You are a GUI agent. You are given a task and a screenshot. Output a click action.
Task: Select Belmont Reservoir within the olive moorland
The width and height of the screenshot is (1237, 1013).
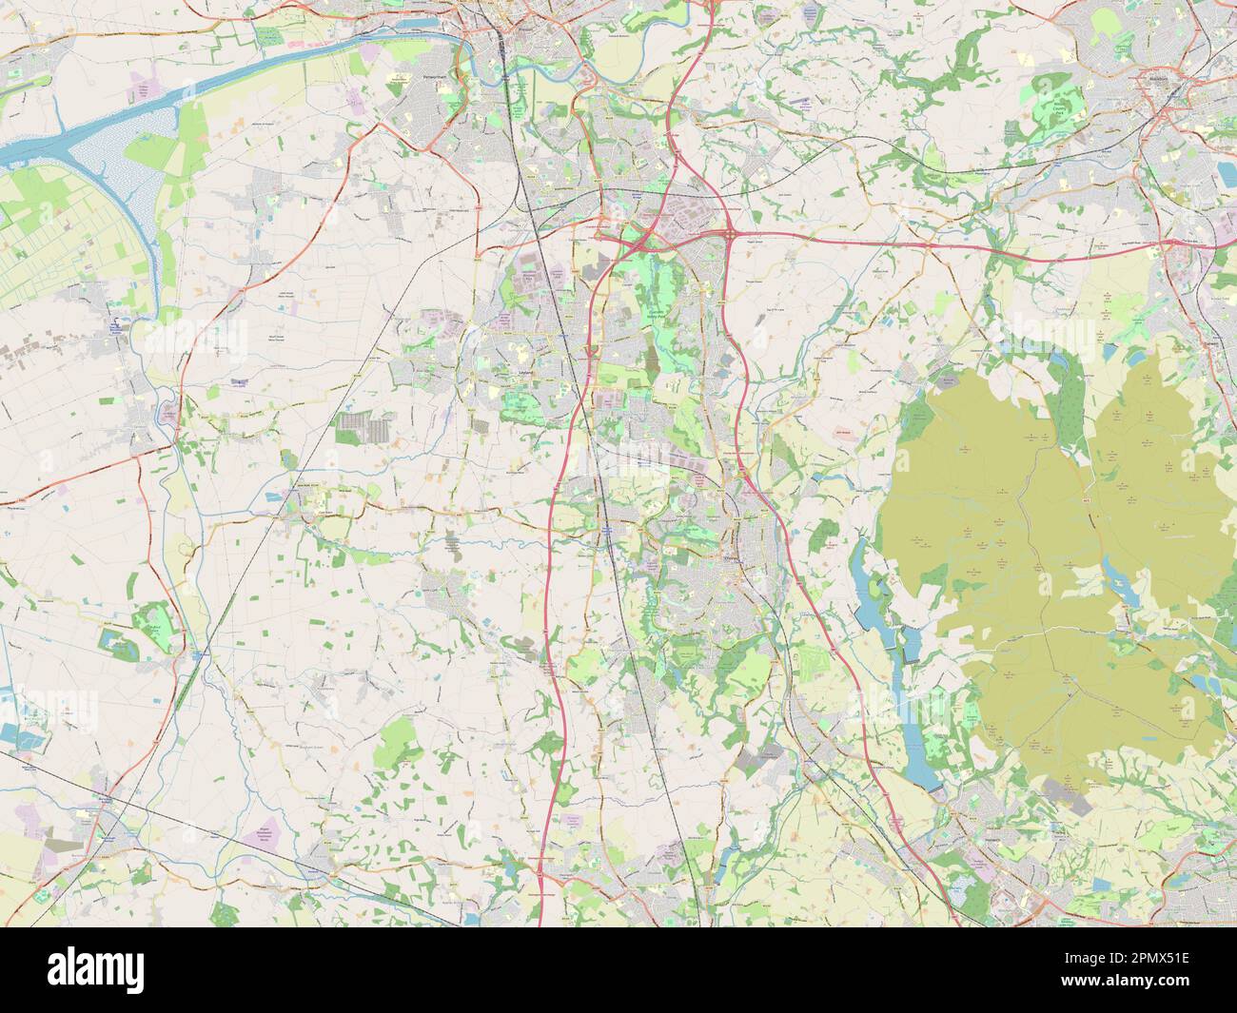(x=1112, y=572)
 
